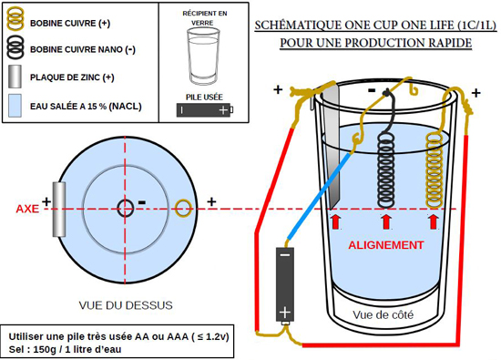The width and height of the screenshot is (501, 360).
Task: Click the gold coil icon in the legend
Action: point(15,19)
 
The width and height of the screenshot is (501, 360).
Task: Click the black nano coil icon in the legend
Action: point(15,47)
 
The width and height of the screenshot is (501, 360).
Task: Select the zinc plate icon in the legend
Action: point(15,77)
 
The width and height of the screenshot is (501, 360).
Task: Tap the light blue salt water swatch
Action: point(15,105)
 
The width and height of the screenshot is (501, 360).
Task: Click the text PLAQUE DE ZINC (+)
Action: point(72,77)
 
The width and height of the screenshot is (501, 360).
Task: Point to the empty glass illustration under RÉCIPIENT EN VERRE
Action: point(203,56)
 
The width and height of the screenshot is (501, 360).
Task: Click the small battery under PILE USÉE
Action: point(205,110)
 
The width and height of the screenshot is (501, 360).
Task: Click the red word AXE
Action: point(27,209)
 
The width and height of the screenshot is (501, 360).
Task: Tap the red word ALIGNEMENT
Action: point(386,245)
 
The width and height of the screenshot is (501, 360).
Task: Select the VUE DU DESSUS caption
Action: point(126,305)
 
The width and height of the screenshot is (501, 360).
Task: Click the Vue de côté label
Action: point(383,315)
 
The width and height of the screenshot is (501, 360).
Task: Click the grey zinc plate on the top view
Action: point(59,209)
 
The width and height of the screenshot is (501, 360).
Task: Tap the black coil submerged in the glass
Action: point(386,170)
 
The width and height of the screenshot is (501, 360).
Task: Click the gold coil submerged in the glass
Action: point(435,170)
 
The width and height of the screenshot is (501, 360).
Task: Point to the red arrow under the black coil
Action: point(386,221)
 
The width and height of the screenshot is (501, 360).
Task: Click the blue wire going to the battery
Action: point(320,196)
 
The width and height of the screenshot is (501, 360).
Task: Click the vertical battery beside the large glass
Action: point(285,284)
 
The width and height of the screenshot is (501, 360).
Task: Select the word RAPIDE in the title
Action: point(450,43)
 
